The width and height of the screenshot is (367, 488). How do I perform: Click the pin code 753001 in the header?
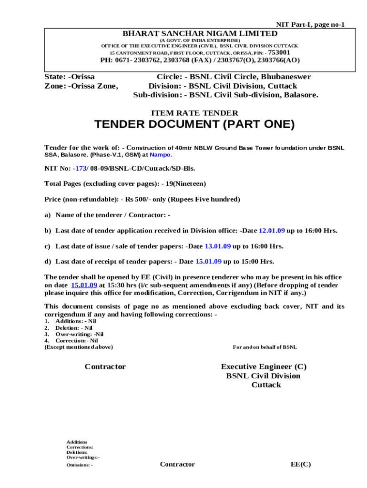coord(279,52)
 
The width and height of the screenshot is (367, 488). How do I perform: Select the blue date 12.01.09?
coord(272,231)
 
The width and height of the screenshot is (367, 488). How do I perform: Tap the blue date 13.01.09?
coord(217,246)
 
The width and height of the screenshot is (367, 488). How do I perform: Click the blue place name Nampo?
coord(160,155)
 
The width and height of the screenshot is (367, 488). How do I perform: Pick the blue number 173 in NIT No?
coord(80,168)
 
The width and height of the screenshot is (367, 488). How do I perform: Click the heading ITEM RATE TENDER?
coord(194,113)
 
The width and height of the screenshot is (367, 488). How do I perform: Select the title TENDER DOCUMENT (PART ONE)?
coord(194,125)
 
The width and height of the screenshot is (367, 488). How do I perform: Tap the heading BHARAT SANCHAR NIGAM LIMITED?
coord(200,33)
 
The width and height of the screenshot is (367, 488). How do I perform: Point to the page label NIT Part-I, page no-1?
coord(310,24)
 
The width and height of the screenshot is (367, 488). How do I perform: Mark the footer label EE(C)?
coord(301,464)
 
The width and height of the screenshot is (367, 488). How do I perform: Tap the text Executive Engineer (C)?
coord(264,366)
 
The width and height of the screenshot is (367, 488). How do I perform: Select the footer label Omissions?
coord(80,466)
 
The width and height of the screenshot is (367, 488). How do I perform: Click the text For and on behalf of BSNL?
coord(265,347)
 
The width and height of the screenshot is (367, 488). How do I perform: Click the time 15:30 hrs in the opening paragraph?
coord(120,285)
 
